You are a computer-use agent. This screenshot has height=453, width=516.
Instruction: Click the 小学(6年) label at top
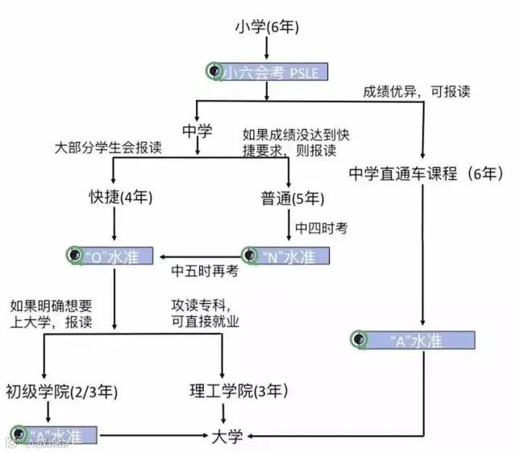(x=267, y=27)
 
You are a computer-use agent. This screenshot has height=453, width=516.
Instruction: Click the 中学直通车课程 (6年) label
(x=427, y=172)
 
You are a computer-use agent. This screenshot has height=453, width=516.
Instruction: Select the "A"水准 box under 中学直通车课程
(x=413, y=339)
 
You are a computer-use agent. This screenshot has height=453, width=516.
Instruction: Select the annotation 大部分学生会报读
(x=108, y=149)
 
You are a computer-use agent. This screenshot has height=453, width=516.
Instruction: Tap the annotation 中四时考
(x=321, y=228)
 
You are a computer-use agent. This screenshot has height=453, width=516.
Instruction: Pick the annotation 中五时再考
(x=205, y=272)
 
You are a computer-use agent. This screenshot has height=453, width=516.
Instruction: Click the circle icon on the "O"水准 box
(x=75, y=256)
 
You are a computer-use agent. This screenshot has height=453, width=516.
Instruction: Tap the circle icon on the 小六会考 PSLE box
(x=214, y=72)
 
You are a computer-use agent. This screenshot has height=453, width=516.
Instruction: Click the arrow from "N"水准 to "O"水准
(x=202, y=257)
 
